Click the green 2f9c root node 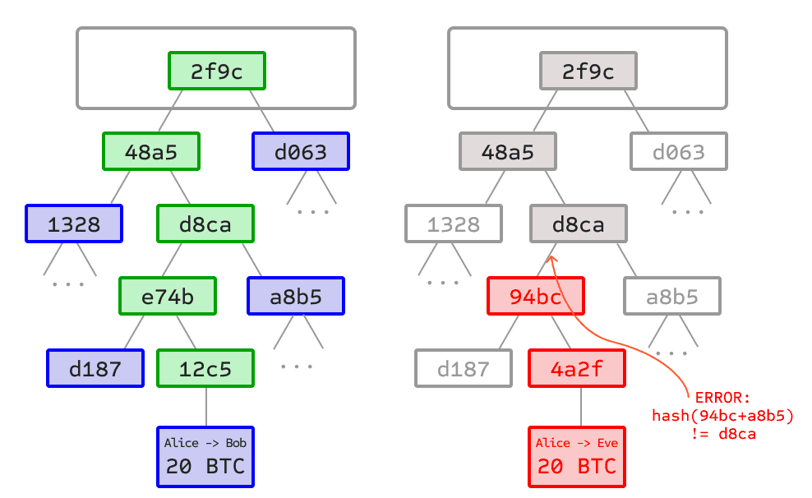[x=217, y=71]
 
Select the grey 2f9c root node [x=588, y=71]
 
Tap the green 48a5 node [x=152, y=152]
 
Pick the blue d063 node [x=301, y=152]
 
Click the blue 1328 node [x=74, y=224]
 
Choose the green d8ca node [x=205, y=224]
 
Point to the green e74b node [x=168, y=297]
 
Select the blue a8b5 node [x=296, y=297]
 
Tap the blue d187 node [x=95, y=369]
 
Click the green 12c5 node [x=205, y=369]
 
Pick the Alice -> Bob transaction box [x=205, y=456]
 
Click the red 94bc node [x=536, y=297]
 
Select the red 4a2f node [x=577, y=369]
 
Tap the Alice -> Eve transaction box [x=577, y=456]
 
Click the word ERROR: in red [x=722, y=398]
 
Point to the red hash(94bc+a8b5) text [x=722, y=416]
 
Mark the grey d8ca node [x=579, y=224]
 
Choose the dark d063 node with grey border [x=679, y=152]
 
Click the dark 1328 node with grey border [x=454, y=224]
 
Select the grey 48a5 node [x=508, y=152]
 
